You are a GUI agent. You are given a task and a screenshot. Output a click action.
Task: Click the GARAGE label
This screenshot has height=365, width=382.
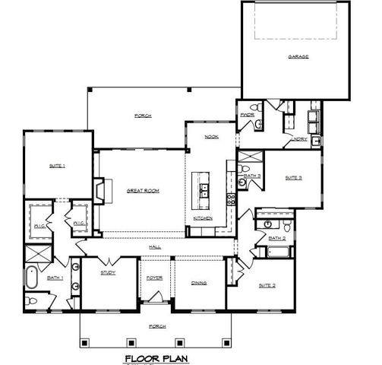tap(298, 57)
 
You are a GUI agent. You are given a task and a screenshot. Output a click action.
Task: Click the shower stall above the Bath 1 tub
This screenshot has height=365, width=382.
tap(36, 255)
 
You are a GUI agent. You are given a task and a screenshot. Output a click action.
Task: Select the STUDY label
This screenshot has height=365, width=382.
tap(108, 271)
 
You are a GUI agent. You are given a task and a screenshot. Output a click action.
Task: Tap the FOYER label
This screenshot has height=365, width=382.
tap(155, 278)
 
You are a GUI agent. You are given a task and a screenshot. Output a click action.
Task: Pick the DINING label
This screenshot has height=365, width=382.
tap(199, 283)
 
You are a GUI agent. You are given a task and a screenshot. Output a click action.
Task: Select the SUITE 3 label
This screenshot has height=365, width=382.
tap(293, 177)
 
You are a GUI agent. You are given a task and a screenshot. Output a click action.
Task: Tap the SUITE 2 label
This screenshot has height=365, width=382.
tap(267, 285)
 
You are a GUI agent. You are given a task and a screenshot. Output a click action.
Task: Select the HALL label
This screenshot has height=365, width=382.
tap(154, 246)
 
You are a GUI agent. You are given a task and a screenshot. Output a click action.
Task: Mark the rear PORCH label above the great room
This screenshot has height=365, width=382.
tap(142, 116)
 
